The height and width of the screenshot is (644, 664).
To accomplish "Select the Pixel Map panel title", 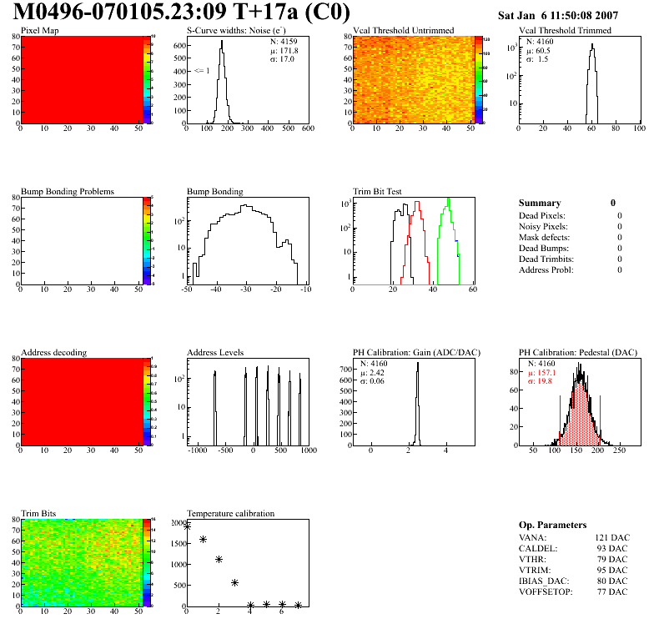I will click(39, 31).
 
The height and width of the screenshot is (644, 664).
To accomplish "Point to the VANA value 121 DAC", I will click(612, 537).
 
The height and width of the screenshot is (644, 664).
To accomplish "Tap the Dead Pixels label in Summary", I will click(543, 215).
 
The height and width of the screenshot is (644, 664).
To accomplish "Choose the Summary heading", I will click(540, 203).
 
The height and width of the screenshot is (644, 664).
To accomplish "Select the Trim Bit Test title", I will click(378, 191).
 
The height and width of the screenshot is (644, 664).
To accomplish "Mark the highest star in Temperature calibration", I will click(187, 526).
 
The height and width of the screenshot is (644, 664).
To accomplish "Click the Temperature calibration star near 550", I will click(234, 582).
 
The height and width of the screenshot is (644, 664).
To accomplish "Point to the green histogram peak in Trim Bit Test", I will click(448, 201).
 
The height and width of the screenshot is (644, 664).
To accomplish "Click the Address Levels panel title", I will click(215, 352).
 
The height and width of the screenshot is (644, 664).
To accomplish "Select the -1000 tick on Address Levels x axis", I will click(198, 450).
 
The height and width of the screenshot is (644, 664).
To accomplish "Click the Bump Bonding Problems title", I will click(68, 191).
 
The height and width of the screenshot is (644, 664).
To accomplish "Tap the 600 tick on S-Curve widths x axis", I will click(307, 129).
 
